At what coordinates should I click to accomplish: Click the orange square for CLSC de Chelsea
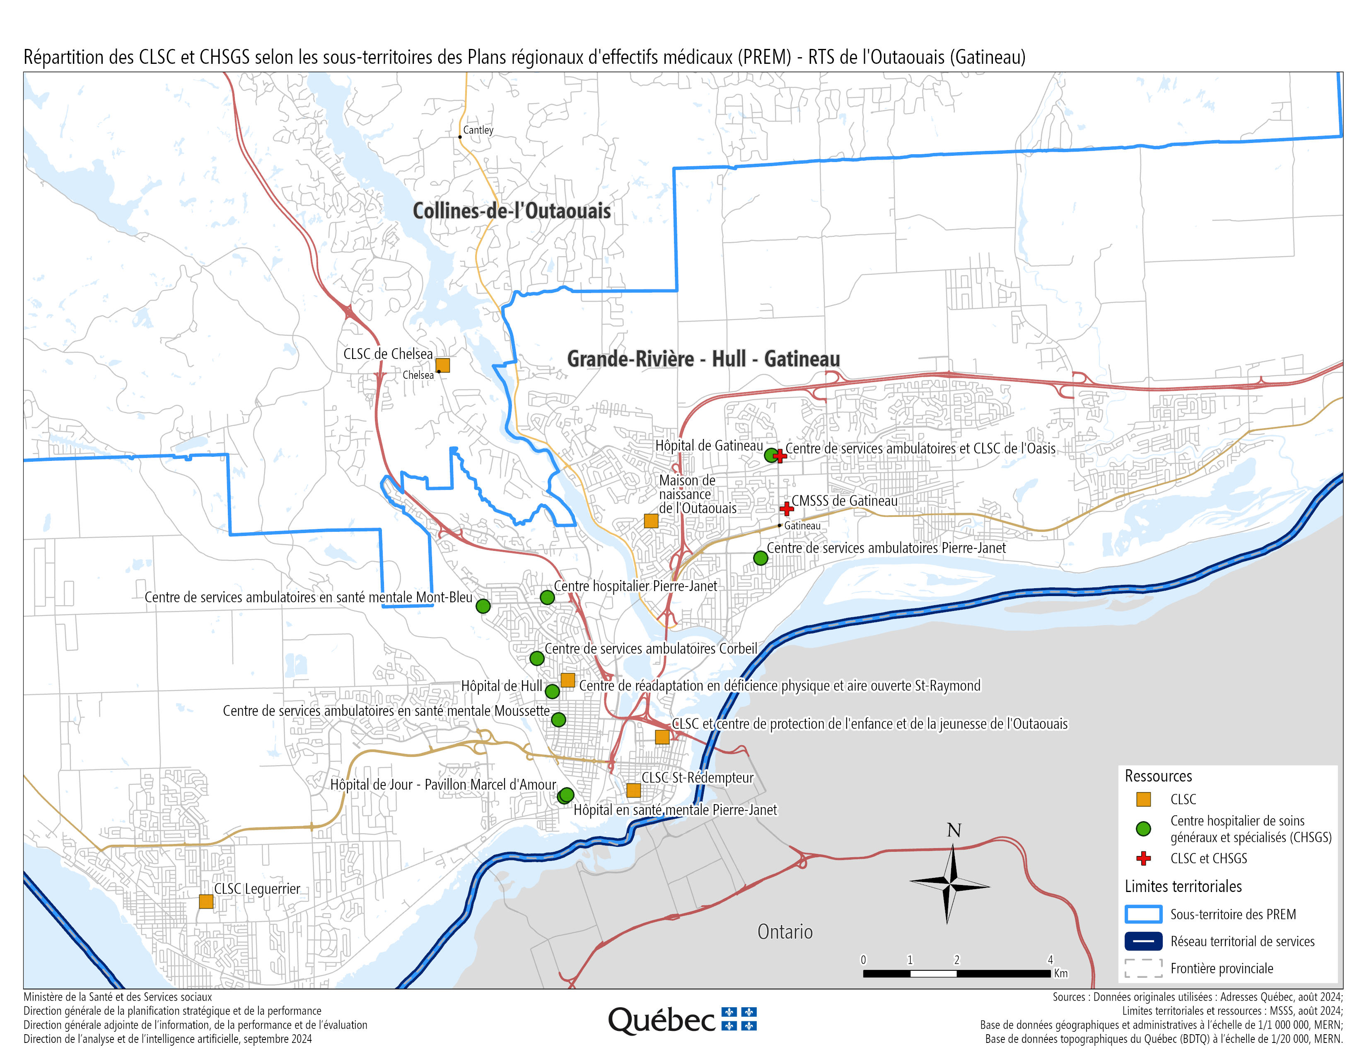pos(442,365)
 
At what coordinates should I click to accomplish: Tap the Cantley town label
pos(478,130)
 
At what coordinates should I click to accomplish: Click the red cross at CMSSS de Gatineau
pos(787,509)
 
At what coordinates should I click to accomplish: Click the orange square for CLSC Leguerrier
pos(206,901)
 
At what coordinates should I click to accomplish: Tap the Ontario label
pos(785,932)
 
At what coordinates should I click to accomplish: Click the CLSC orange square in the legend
pos(1144,800)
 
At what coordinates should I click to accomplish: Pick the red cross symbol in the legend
pos(1144,858)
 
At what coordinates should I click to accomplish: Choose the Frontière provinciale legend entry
pos(1221,969)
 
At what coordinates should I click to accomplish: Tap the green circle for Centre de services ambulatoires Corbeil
pos(537,658)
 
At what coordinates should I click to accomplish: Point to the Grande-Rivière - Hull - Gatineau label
pos(703,359)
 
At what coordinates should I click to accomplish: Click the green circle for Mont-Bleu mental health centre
pos(483,606)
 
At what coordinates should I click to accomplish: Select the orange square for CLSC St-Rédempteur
pos(633,790)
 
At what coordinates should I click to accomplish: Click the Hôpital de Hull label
pos(501,686)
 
